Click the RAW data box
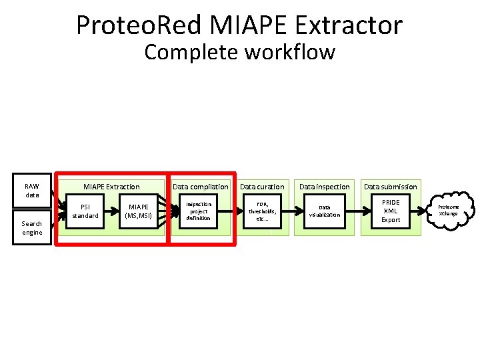coord(32,191)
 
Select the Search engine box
coord(32,228)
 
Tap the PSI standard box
coord(85,211)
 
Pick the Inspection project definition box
coord(198,211)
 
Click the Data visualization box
coord(324,211)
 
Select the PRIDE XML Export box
coord(391,211)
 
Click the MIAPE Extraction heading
coord(111,187)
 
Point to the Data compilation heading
coord(201,187)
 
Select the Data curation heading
coord(262,187)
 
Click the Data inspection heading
coord(325,187)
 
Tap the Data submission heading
coord(391,187)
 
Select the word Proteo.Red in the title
coord(139,25)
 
